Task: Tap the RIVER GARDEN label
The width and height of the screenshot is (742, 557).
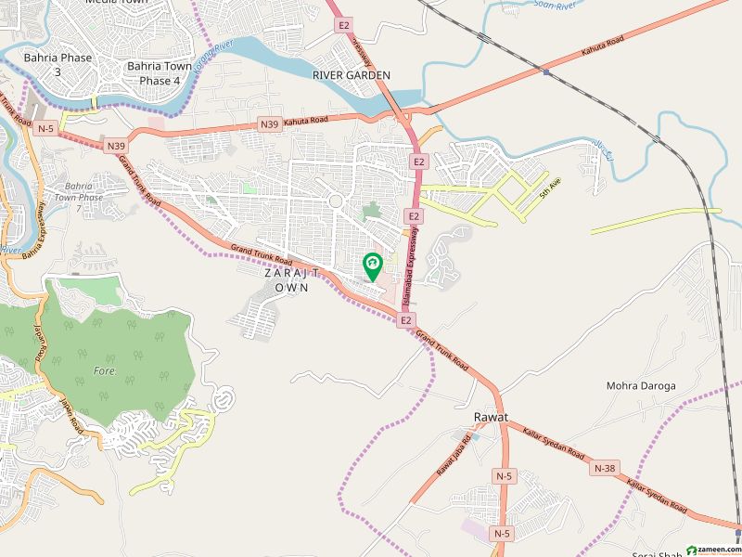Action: pos(352,74)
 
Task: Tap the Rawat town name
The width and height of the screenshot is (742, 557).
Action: pos(489,419)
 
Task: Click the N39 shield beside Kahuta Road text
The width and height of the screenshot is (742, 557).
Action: pos(269,123)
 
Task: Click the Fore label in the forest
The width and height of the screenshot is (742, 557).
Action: pos(104,370)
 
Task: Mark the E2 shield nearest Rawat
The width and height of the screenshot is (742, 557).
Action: pos(405,320)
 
